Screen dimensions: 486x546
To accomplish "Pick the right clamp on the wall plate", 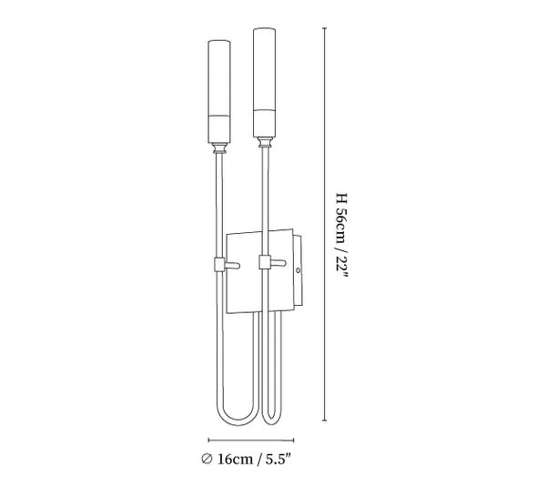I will (x=265, y=263).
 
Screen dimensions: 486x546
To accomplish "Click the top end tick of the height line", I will (x=328, y=27).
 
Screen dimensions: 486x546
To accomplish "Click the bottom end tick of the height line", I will (x=328, y=422).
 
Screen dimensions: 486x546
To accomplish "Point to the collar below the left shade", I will (x=220, y=147).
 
